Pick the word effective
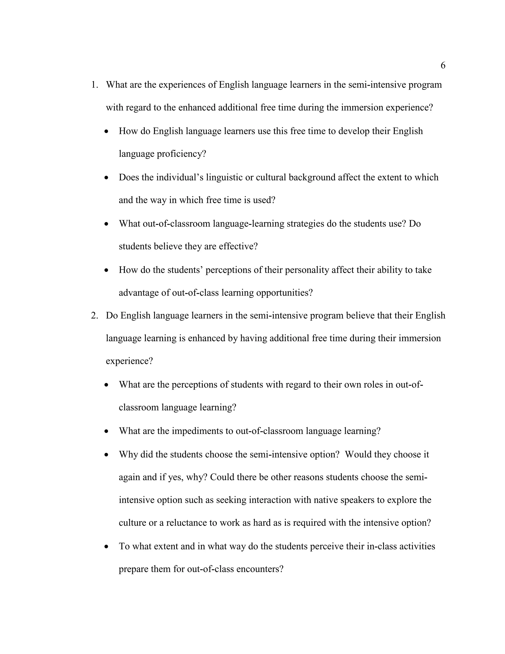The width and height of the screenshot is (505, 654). click(238, 247)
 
